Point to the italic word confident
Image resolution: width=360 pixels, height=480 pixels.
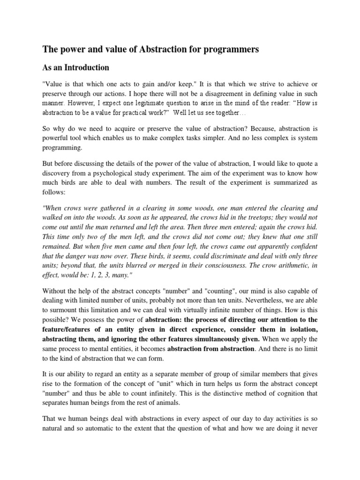coord(303,247)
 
